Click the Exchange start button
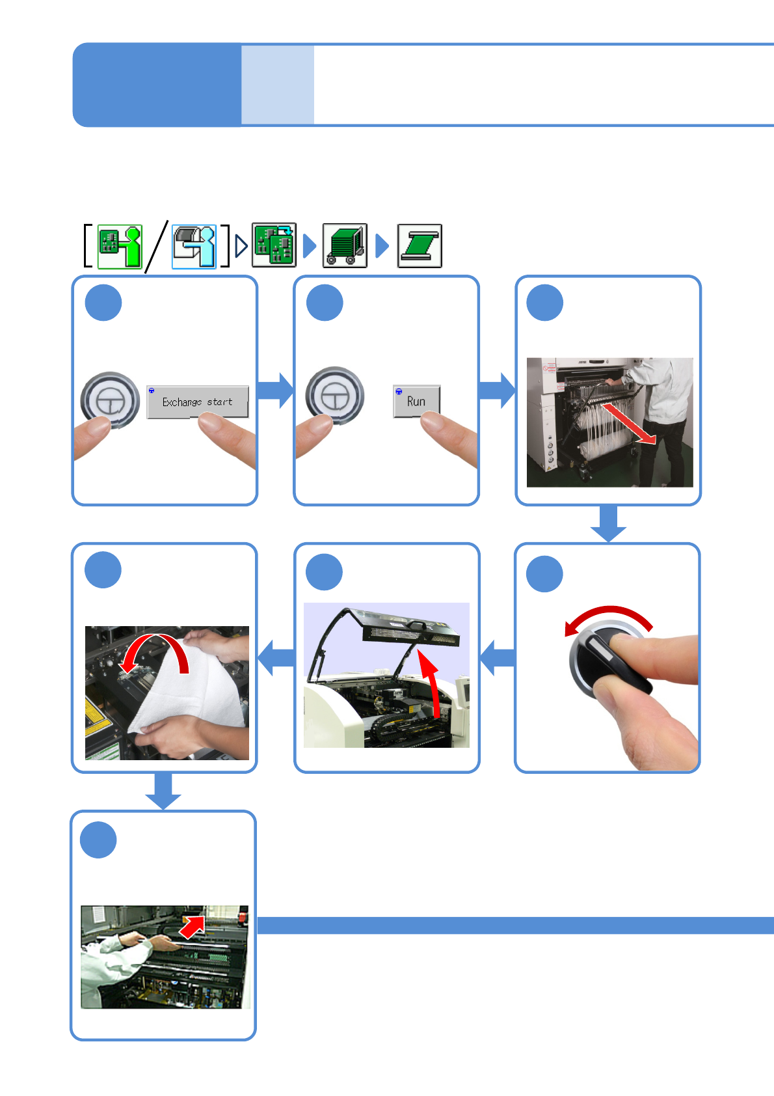pos(198,402)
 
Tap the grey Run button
pos(416,401)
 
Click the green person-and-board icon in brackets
pos(120,246)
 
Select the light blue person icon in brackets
pos(194,246)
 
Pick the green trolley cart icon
pos(345,245)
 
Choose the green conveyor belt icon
pos(420,245)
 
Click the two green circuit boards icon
pos(274,245)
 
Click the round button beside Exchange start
pos(110,400)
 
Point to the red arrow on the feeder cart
pos(628,424)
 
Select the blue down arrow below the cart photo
pos(608,524)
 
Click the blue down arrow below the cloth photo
pos(163,791)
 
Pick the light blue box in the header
pos(278,85)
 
